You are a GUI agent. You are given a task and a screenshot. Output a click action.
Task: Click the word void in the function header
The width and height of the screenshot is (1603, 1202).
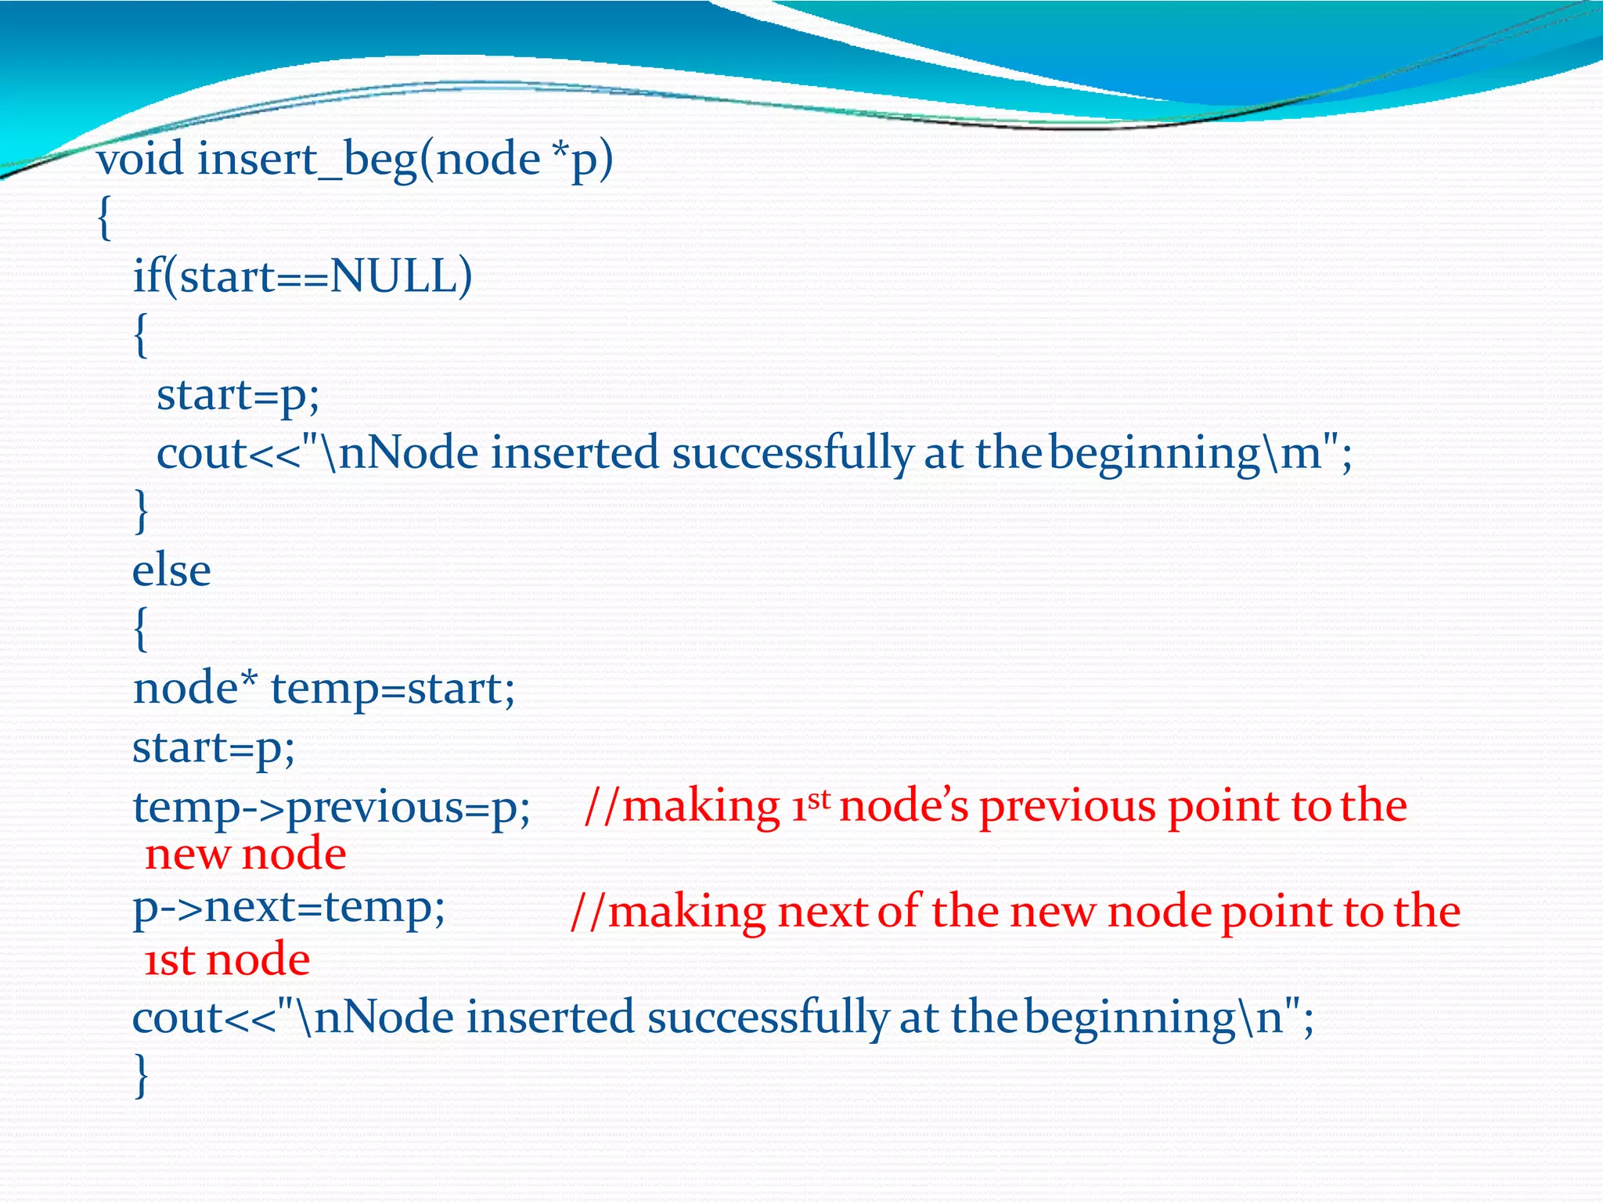coord(140,160)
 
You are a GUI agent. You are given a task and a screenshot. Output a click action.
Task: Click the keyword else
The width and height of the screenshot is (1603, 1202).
coord(171,570)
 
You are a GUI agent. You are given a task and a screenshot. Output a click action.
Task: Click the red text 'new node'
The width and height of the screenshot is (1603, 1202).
coord(246,854)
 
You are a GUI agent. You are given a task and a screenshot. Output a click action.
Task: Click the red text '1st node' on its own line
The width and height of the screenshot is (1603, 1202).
coord(227,960)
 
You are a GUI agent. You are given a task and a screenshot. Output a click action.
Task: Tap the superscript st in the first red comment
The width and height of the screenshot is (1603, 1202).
coord(818,798)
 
